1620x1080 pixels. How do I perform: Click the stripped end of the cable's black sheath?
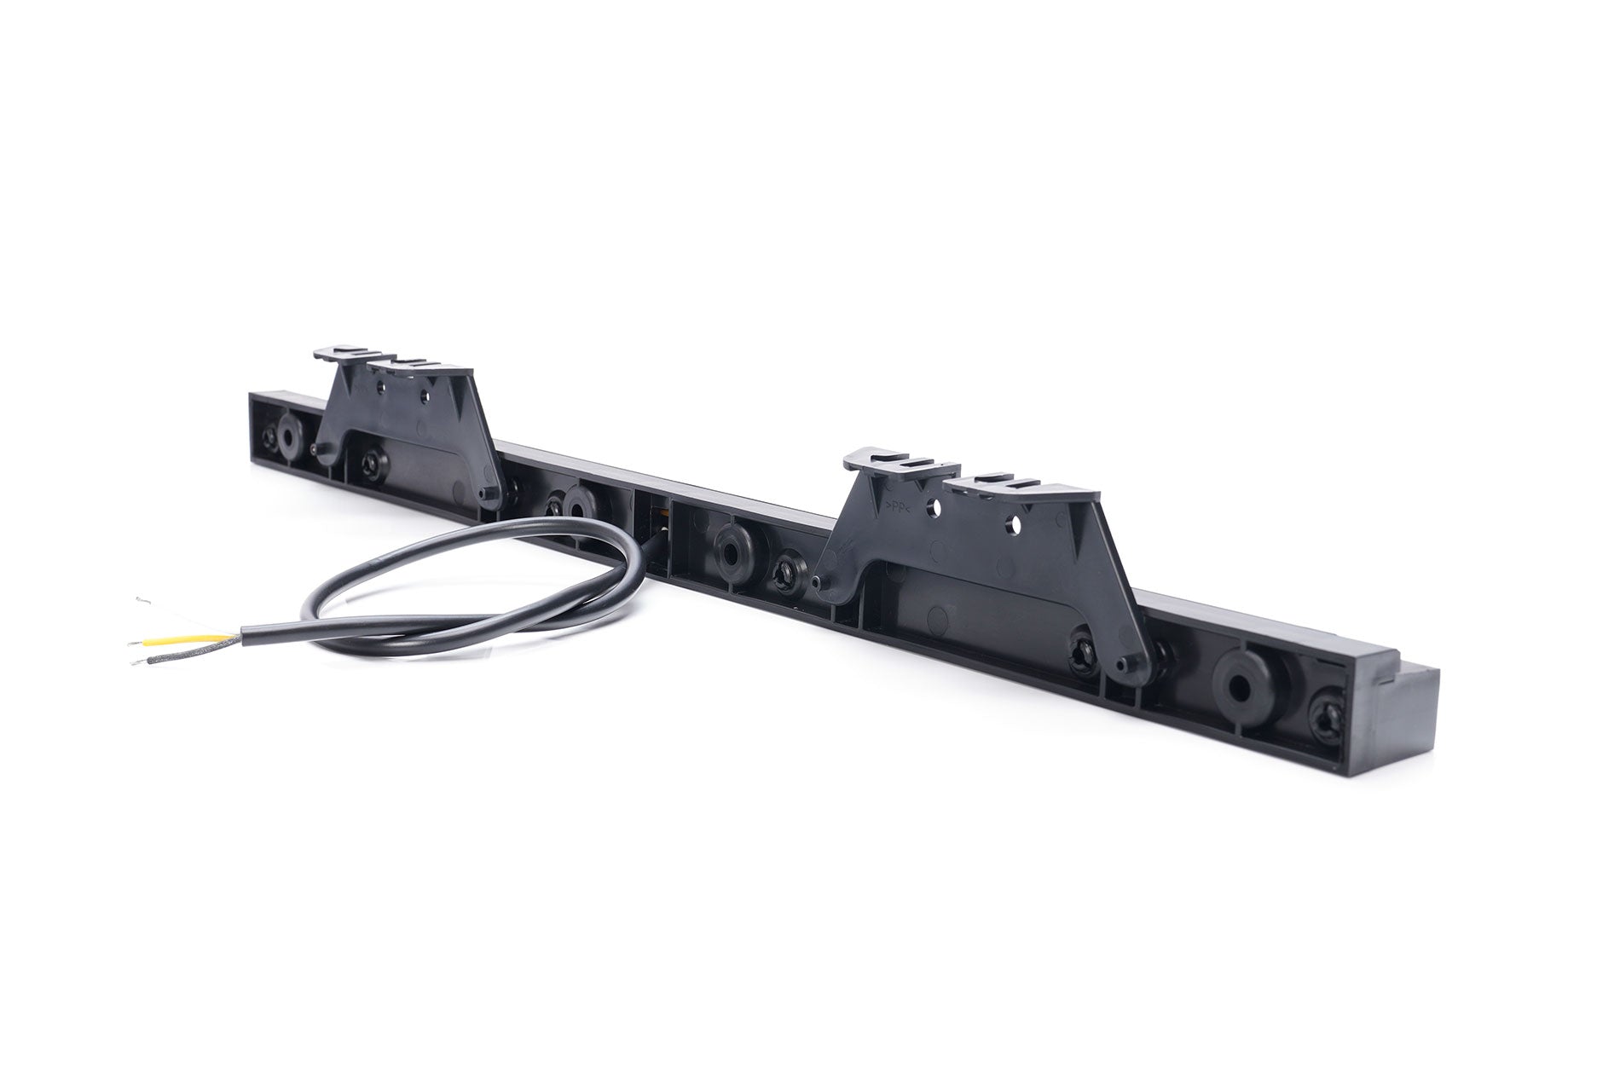pyautogui.click(x=245, y=633)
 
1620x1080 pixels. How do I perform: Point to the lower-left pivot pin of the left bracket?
pyautogui.click(x=321, y=449)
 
